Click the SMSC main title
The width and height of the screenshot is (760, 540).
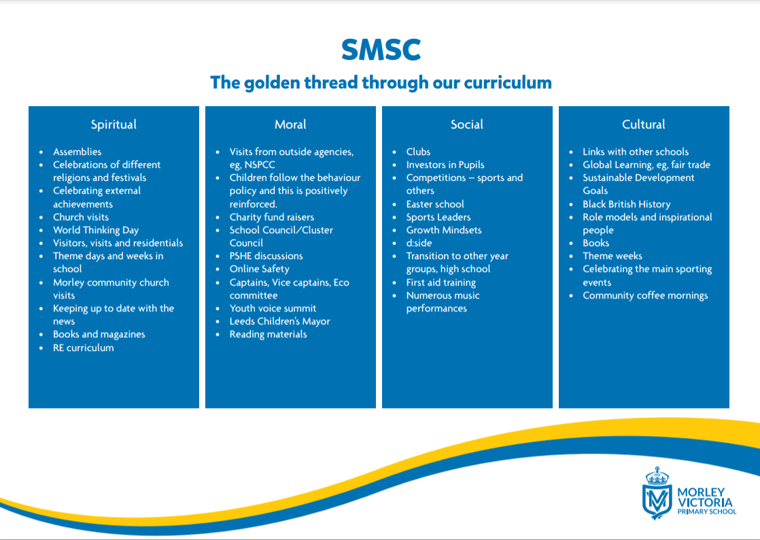point(381,50)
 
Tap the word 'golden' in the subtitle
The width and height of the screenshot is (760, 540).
point(272,83)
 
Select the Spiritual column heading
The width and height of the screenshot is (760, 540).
point(114,124)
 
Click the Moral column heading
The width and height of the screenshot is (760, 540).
point(290,124)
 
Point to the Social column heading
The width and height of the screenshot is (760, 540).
point(467,124)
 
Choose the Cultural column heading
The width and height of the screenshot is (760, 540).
point(643,124)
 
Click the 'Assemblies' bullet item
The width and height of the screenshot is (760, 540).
point(77,152)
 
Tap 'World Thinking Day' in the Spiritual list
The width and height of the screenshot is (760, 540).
point(95,231)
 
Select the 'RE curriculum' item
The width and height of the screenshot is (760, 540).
point(84,348)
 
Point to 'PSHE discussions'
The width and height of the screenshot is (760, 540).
point(266,256)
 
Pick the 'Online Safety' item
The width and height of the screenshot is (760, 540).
point(259,269)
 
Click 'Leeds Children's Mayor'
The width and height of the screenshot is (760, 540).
point(279,322)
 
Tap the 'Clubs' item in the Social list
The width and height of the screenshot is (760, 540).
point(418,152)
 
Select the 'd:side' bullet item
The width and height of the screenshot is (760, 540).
point(419,243)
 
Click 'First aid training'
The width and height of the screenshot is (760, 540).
point(441,283)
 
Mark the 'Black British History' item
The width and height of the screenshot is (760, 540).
point(627,204)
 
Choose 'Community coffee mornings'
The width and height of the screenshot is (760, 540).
point(645,296)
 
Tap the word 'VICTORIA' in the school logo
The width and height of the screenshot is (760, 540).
point(705,502)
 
